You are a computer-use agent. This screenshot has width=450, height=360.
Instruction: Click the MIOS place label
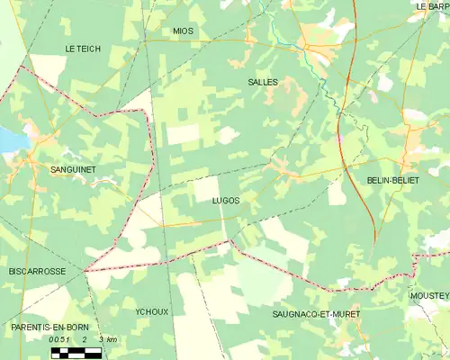[183, 31]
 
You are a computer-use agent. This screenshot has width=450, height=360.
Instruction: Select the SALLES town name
[262, 82]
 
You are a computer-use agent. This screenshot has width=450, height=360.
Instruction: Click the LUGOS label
[226, 201]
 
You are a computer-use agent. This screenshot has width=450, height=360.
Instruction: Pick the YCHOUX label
[151, 311]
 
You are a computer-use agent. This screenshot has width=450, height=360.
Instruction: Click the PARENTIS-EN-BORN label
[41, 328]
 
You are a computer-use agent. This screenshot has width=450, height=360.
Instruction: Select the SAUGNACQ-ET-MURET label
[316, 314]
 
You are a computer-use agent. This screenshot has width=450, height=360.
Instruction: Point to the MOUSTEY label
[428, 295]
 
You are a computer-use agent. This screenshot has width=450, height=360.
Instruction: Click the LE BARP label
[433, 5]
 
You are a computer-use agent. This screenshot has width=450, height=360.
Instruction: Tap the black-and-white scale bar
[76, 352]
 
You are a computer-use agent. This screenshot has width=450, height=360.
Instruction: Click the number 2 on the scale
[84, 339]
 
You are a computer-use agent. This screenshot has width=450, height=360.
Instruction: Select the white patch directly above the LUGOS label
[206, 188]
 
